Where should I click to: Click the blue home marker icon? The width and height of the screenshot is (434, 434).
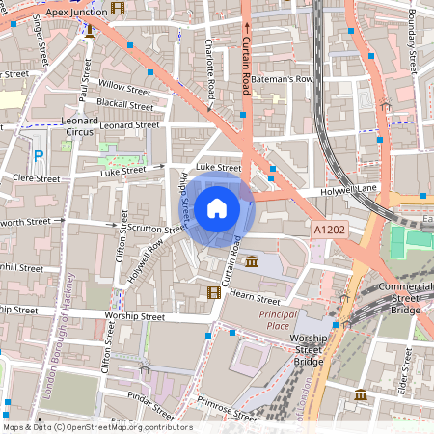(x=217, y=208)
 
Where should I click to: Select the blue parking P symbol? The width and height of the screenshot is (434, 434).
(x=39, y=155)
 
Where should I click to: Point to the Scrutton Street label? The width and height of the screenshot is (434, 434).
(x=159, y=230)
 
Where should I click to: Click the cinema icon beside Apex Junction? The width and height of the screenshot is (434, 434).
(x=118, y=9)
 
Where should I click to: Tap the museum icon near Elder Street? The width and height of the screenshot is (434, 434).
(x=360, y=395)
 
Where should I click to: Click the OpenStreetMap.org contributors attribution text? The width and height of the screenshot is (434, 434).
(x=96, y=427)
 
